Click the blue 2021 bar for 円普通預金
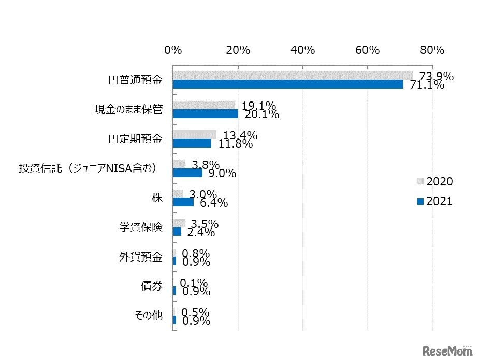pos(288,84)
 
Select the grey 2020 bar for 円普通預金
pos(293,76)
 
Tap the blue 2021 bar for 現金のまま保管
pos(206,114)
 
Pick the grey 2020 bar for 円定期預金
pos(195,135)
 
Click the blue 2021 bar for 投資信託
pos(187,173)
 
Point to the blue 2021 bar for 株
pos(183,202)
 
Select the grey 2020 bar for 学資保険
pos(179,223)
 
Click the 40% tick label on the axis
pos(303,50)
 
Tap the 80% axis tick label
pos(432,50)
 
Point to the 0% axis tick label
pos(173,50)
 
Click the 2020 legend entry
pos(435,182)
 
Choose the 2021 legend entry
pos(435,201)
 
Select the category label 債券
pos(152,286)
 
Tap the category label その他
pos(149,316)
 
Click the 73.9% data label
pos(436,77)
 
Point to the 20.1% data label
pos(261,114)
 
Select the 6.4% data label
pos(211,203)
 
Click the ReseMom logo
pos(448,351)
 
